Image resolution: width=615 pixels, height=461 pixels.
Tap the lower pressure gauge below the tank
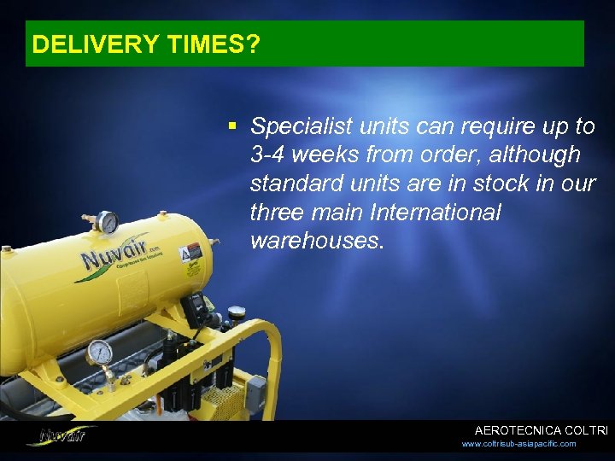click(x=100, y=352)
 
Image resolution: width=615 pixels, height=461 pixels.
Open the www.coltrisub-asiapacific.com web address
click(x=519, y=444)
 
